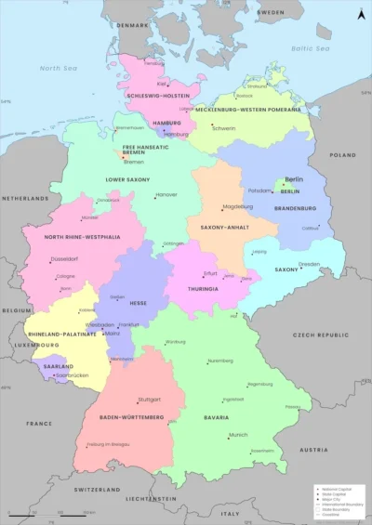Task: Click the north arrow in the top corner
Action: point(360,14)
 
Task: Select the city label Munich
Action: point(238,435)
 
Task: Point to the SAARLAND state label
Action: point(59,366)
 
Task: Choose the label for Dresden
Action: point(309,264)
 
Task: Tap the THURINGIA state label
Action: point(202,288)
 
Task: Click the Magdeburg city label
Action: point(237,206)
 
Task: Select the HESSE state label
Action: point(138,303)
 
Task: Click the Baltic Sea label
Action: point(310,48)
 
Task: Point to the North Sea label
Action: point(58,68)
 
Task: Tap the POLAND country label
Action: point(342,155)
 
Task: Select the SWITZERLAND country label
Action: point(99,489)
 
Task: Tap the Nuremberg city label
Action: point(220,361)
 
